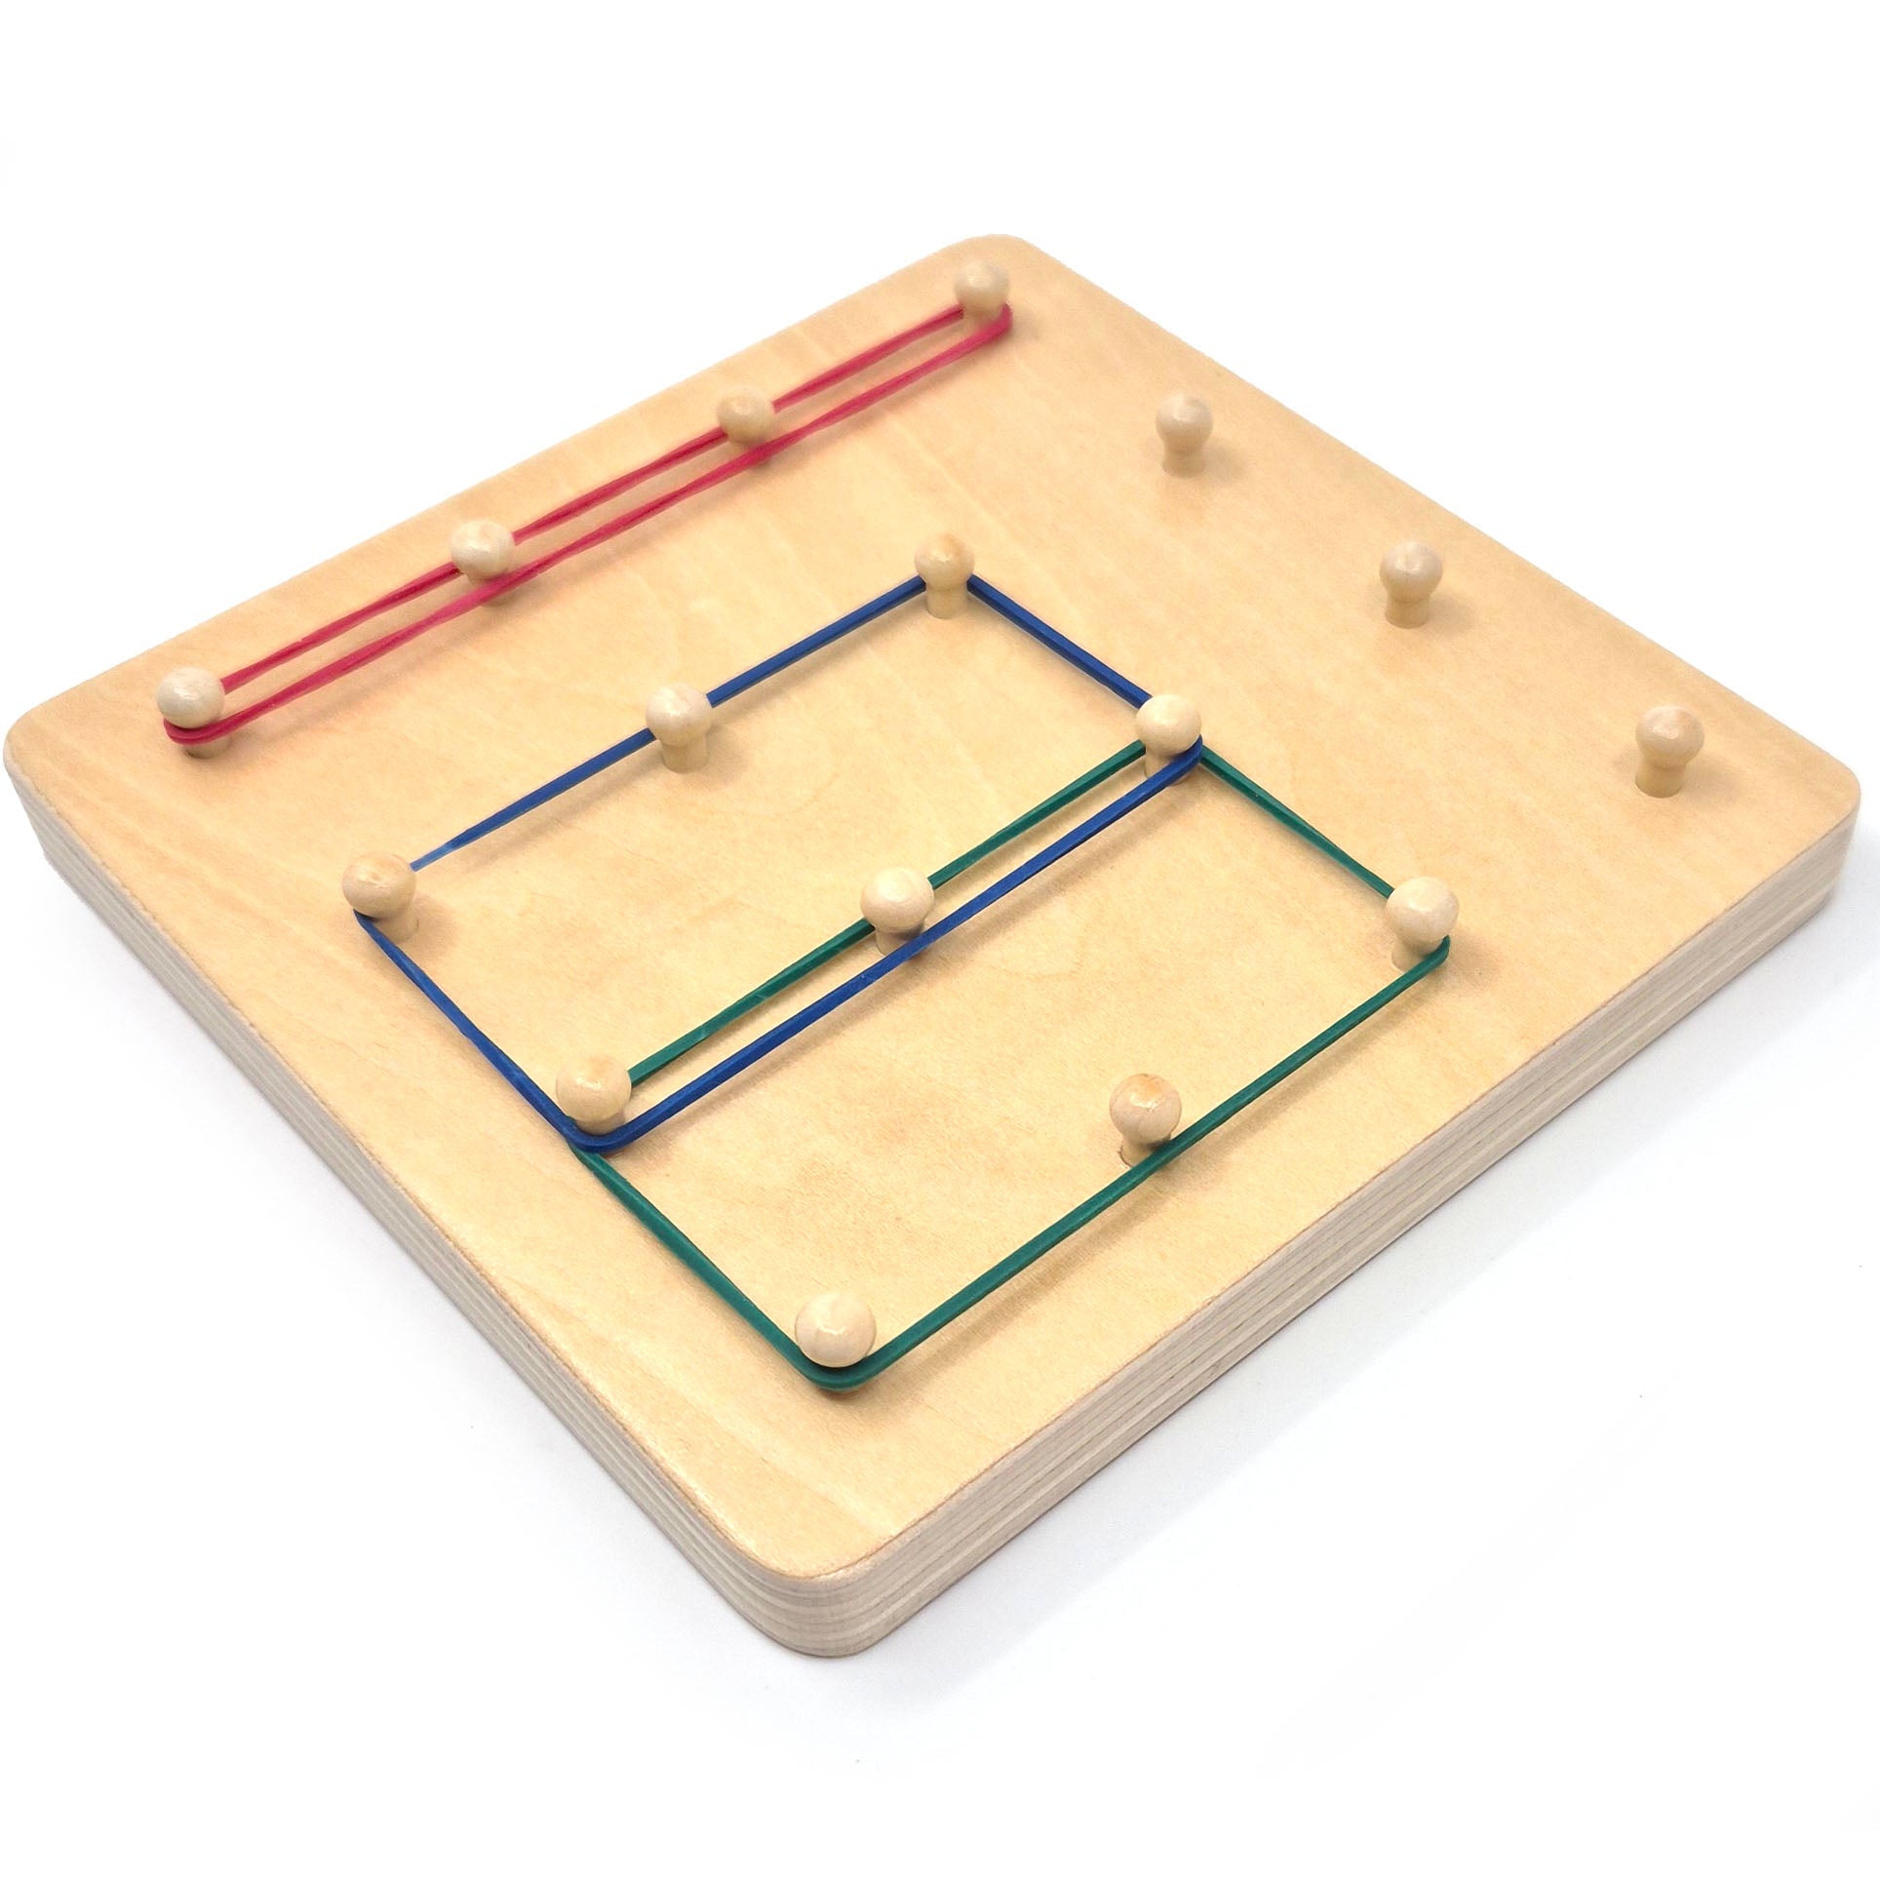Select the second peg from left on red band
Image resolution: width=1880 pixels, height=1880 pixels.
[481, 551]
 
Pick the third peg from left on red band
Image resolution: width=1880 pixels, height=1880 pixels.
[745, 414]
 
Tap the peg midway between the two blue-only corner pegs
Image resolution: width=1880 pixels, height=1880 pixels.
[676, 714]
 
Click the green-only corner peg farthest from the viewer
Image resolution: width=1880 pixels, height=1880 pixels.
[1416, 907]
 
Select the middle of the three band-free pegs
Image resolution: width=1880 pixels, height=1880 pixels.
[1411, 575]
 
